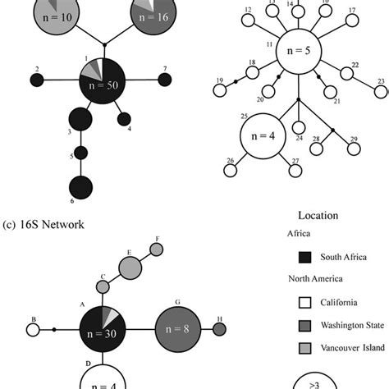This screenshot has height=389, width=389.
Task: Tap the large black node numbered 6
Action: point(80,188)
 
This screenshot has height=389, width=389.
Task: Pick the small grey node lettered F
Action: point(157,250)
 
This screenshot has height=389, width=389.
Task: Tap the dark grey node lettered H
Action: point(219,330)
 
